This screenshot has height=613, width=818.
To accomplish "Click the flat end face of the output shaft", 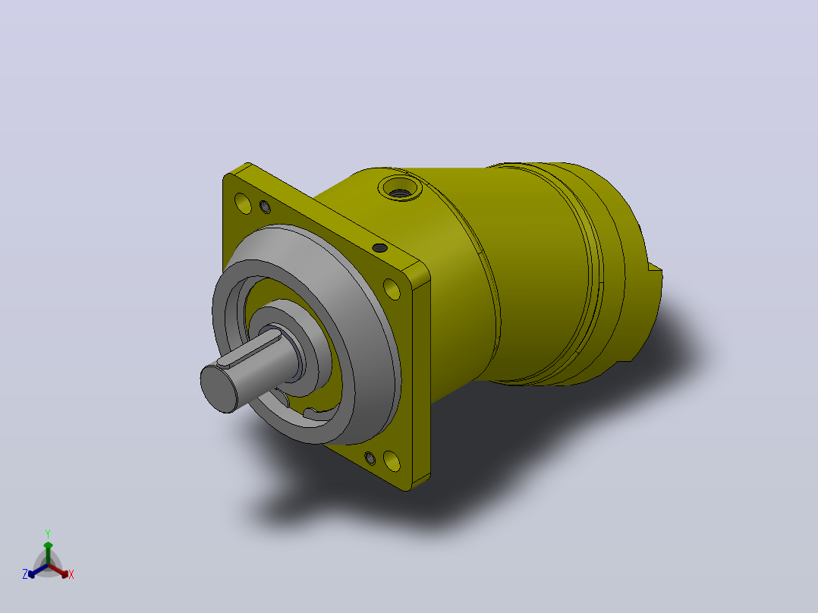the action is click(x=219, y=389).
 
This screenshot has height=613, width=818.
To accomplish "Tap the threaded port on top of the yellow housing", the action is click(x=400, y=188).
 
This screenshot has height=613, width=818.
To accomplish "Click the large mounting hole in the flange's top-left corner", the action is click(x=243, y=203).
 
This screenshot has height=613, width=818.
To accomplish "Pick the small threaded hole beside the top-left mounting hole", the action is click(x=265, y=207).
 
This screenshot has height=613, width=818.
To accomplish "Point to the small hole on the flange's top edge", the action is click(x=379, y=248).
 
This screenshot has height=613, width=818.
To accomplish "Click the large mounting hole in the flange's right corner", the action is click(x=392, y=290).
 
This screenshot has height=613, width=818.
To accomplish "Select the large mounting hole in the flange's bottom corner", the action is click(x=392, y=461).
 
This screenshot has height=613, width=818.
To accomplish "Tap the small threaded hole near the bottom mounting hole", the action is click(x=370, y=458).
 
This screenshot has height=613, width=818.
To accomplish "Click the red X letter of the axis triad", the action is click(x=71, y=574).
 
